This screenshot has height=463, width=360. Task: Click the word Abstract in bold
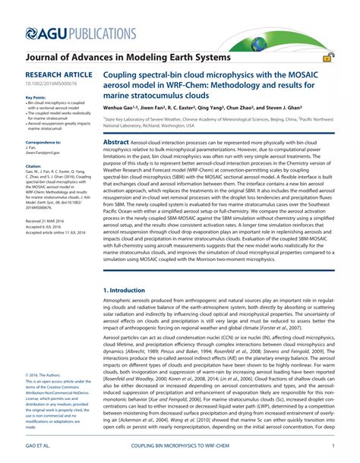[x=116, y=142]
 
